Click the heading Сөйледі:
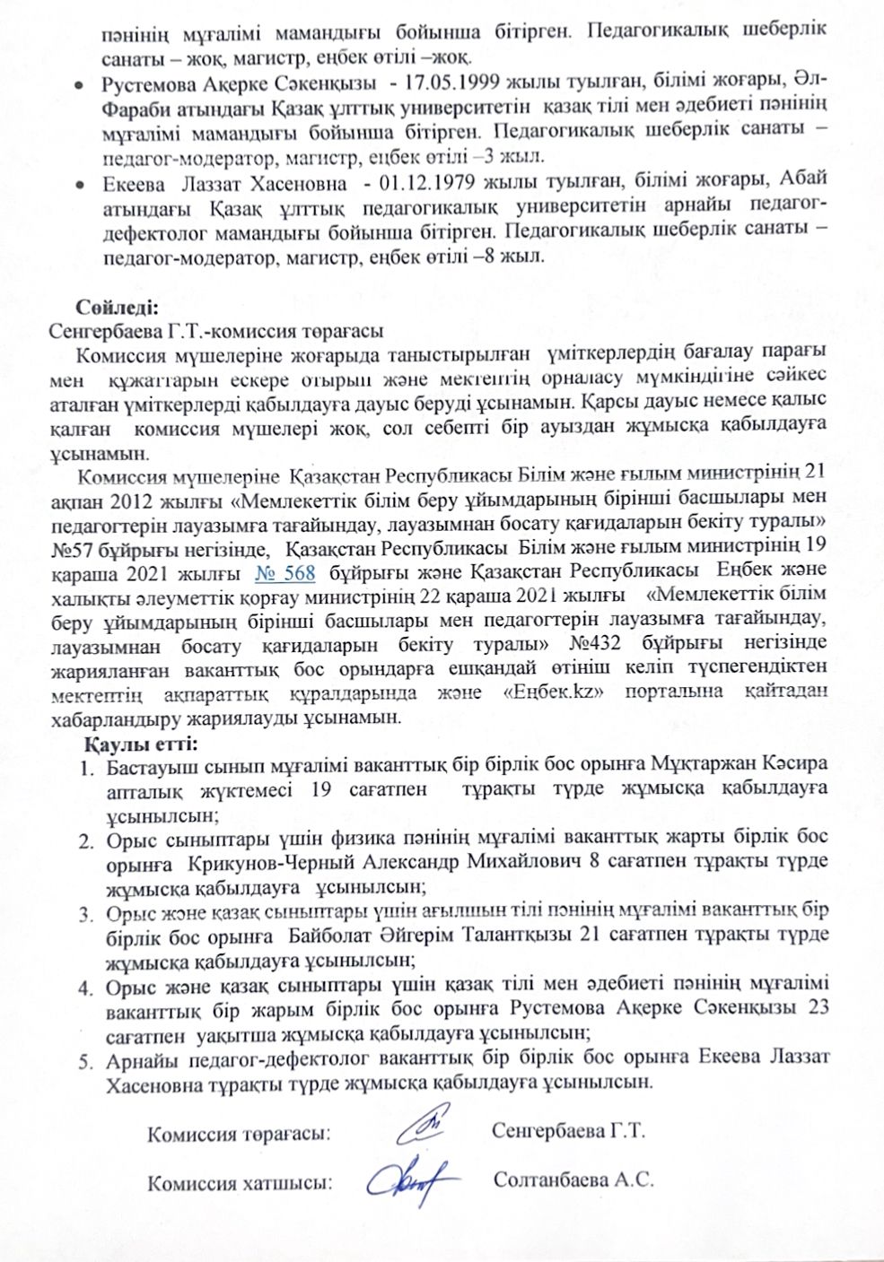117,305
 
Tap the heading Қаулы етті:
140,744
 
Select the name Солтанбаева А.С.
573,1179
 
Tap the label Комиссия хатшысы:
240,1182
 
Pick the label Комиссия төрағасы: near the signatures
239,1133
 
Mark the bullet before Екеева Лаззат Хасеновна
80,185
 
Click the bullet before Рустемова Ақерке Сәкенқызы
80,83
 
